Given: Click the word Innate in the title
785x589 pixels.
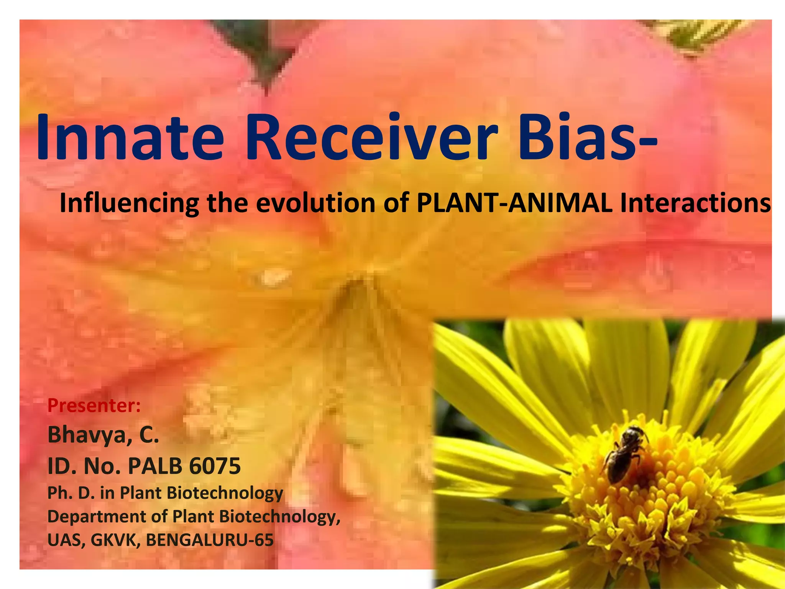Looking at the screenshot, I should [x=130, y=137].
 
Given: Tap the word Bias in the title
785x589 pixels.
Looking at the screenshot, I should [x=577, y=137].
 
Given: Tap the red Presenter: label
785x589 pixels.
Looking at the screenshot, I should [x=94, y=406].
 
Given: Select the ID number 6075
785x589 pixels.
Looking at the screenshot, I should [x=215, y=466].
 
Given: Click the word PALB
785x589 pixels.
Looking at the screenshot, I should [x=155, y=466].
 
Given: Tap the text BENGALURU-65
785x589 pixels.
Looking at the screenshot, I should [x=210, y=540].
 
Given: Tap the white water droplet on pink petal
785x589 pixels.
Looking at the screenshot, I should [x=273, y=276].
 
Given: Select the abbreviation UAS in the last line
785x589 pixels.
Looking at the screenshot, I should [x=64, y=540].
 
